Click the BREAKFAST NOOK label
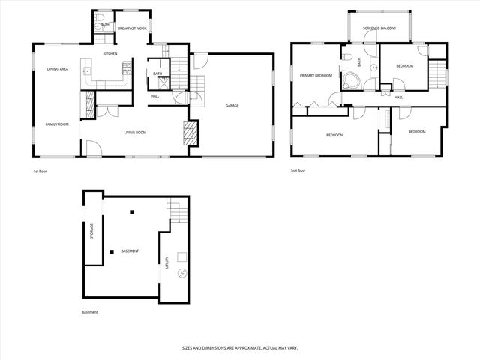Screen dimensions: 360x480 [130, 28]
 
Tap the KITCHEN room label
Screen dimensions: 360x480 [110, 54]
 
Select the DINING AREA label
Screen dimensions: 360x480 [58, 69]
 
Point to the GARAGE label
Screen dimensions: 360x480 [232, 105]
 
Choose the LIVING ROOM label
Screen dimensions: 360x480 [135, 133]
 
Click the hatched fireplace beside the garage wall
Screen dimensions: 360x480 [191, 133]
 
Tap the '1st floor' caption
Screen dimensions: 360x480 [40, 171]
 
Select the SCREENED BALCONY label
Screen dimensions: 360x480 [379, 28]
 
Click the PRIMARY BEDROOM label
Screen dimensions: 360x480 [316, 75]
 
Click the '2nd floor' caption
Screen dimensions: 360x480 [298, 171]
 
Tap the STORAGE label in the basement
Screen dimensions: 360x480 [92, 230]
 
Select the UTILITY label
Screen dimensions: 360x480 [167, 262]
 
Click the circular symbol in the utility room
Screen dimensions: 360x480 [179, 274]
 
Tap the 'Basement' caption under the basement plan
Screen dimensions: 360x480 [89, 312]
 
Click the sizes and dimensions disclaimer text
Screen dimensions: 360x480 [239, 347]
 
